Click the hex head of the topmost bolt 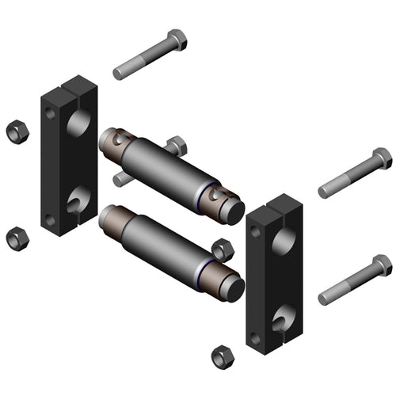(177, 40)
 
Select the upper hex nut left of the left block (16, 131)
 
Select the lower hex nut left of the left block (16, 237)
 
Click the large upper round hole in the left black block (78, 123)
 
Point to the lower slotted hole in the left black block (78, 200)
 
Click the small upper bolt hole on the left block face (51, 114)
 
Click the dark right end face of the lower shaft (234, 288)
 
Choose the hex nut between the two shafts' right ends (223, 249)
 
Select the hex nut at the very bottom (223, 356)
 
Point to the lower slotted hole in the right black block (283, 318)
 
